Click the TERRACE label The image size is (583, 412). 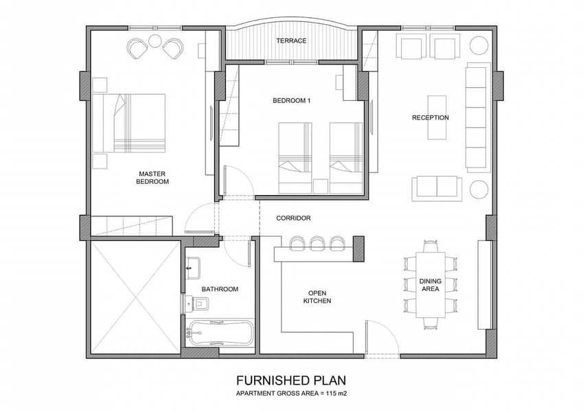(x=291, y=41)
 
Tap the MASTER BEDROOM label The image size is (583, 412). (x=152, y=178)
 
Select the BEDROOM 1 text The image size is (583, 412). (x=291, y=101)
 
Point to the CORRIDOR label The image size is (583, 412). (x=293, y=218)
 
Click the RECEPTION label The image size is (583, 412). (x=430, y=118)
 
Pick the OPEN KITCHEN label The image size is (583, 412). (x=317, y=297)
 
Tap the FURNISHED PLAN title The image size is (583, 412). (x=291, y=380)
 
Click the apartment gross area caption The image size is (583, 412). (x=291, y=393)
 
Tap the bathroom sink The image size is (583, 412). (x=193, y=268)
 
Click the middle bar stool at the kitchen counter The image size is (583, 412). (x=317, y=244)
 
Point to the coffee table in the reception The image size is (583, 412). (x=437, y=117)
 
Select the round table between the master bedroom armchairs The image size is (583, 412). (x=155, y=41)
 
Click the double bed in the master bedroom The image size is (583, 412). (x=128, y=123)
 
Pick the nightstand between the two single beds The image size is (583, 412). (x=320, y=186)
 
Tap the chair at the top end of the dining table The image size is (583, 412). (x=430, y=246)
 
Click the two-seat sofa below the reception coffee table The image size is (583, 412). (x=437, y=189)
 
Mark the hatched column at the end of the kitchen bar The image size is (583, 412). (x=358, y=249)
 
